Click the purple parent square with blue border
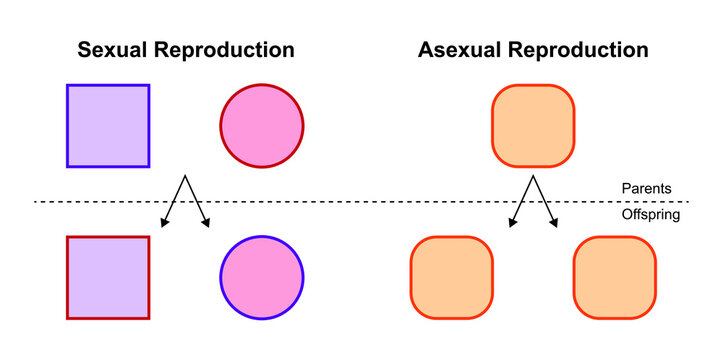[108, 125]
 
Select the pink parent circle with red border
[262, 125]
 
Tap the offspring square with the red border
[108, 277]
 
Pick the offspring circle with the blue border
[261, 277]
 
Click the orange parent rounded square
[534, 125]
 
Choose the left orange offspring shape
[452, 277]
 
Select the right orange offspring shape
[615, 277]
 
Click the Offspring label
[650, 215]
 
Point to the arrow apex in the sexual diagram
[184, 178]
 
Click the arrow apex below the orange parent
[535, 178]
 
